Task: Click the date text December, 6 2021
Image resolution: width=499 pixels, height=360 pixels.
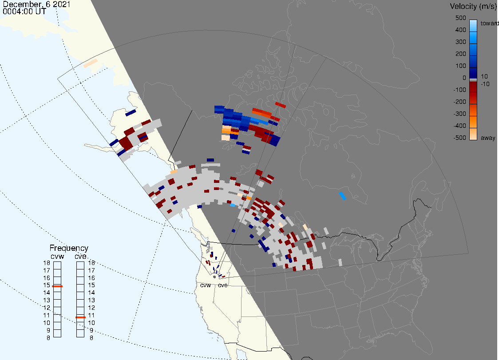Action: pos(36,4)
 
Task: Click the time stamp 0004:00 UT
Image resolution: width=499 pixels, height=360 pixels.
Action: pos(24,11)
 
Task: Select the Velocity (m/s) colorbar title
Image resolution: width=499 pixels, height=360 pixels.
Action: pos(473,6)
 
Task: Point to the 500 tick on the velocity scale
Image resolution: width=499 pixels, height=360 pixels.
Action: pos(460,18)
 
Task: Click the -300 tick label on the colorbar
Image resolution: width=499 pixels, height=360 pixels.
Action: pos(459,114)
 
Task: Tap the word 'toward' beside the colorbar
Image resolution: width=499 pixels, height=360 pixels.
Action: pos(489,23)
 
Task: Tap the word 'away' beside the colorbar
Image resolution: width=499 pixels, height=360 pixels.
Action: pos(488,138)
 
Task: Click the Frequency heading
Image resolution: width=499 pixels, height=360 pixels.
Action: pos(69,248)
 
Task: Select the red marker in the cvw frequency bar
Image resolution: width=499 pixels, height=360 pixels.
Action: pos(57,286)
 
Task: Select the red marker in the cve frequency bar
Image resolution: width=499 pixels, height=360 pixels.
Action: pos(80,317)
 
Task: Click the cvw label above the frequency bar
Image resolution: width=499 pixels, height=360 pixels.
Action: pos(57,257)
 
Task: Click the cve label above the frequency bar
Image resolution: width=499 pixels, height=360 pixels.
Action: pos(80,257)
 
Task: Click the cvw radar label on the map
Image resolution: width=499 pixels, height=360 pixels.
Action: pos(206,285)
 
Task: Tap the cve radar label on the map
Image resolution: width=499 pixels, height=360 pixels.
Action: pos(223,285)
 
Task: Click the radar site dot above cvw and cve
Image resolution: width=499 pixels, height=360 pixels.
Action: pos(214,277)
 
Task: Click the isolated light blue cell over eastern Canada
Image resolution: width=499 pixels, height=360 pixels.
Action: pos(342,196)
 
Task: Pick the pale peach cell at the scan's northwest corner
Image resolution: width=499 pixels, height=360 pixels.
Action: pos(91,63)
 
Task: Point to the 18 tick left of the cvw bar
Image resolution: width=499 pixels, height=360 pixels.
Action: pos(47,263)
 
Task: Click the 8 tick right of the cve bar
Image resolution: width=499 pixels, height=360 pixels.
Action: pos(91,338)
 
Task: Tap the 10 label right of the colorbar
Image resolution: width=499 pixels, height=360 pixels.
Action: pos(484,76)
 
